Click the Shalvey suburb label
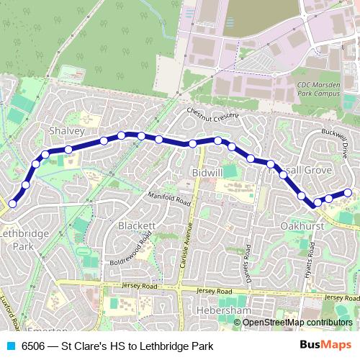pyautogui.click(x=66, y=131)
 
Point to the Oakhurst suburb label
pyautogui.click(x=297, y=225)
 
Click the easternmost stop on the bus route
pyautogui.click(x=348, y=192)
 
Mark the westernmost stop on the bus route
pyautogui.click(x=12, y=204)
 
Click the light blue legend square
pyautogui.click(x=9, y=346)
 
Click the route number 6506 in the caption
pyautogui.click(x=35, y=346)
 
